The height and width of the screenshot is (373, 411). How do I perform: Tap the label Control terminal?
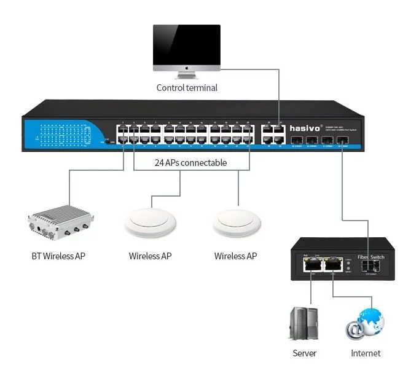point(187,88)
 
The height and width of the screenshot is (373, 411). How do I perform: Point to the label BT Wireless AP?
point(58,256)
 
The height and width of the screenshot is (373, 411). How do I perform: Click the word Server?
point(304,353)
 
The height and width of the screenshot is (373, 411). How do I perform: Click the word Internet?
point(366,353)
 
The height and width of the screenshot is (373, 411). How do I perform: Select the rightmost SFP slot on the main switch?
point(343,141)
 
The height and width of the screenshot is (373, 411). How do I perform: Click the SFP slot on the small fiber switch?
point(370,265)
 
